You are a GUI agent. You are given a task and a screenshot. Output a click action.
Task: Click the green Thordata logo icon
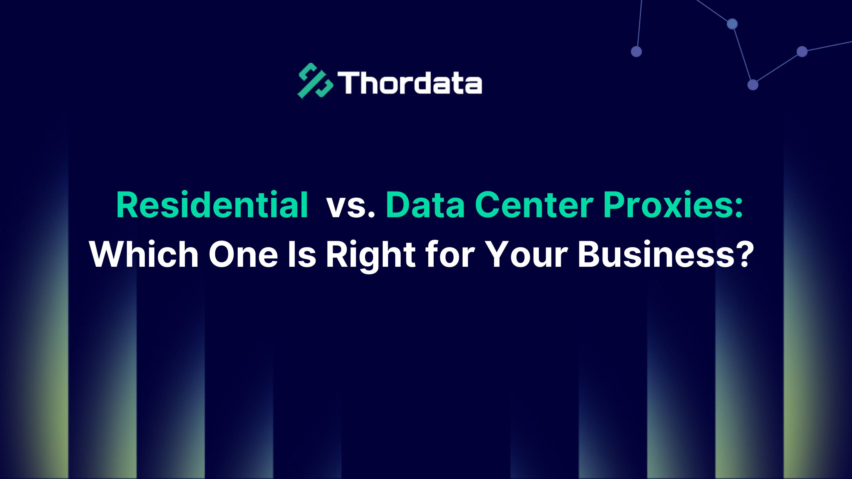315,81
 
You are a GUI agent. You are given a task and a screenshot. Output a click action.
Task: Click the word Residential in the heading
212,205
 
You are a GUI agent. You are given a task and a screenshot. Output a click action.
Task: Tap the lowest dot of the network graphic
753,85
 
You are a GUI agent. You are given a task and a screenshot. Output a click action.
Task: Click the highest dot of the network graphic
732,24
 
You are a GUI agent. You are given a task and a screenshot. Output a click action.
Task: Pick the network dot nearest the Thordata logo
636,52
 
